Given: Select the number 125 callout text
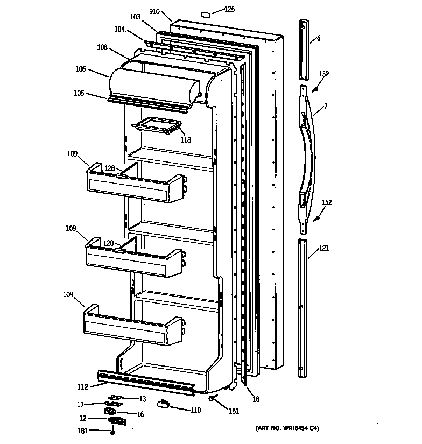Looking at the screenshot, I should (x=230, y=9).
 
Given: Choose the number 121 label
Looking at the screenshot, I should (x=323, y=248).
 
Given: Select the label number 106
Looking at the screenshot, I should (x=80, y=69).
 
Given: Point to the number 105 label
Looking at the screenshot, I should (x=80, y=93).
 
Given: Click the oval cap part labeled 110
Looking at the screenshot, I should (x=164, y=404).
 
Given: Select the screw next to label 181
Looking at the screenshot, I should (x=113, y=431).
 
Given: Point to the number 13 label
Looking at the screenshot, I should (x=143, y=398).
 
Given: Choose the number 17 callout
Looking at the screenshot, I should (x=80, y=405).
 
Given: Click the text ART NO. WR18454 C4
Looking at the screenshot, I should (x=286, y=428).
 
